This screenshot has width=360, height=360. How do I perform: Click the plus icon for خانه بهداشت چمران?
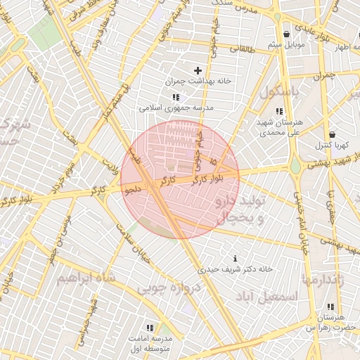click(198, 70)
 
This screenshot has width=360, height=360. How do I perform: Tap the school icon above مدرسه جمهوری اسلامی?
click(175, 97)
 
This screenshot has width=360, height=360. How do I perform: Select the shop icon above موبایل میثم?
click(286, 34)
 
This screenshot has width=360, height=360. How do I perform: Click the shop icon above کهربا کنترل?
click(332, 134)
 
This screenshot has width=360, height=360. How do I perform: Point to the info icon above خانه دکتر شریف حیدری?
click(234, 258)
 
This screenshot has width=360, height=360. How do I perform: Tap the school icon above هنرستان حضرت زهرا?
click(330, 307)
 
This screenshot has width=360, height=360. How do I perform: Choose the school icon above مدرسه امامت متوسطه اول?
click(149, 328)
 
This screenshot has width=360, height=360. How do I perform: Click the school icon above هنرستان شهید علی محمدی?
click(280, 111)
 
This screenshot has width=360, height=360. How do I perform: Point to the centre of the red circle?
click(180, 179)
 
